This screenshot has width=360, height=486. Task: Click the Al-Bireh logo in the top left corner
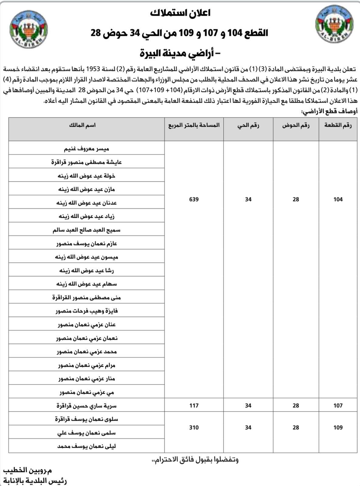[28, 29]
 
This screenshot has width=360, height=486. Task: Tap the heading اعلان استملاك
[180, 13]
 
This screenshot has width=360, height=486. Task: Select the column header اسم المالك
[87, 125]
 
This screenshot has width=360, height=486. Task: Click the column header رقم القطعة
[338, 125]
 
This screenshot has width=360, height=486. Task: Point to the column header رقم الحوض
[296, 125]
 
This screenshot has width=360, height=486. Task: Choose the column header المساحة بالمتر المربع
[194, 125]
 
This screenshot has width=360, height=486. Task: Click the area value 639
[194, 199]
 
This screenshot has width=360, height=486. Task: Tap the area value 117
[194, 406]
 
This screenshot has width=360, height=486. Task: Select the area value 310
[194, 427]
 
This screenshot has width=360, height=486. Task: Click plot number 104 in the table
[338, 199]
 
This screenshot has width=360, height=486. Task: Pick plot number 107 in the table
[338, 406]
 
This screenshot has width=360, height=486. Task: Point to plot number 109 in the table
[338, 427]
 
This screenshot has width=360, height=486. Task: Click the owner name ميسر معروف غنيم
[87, 149]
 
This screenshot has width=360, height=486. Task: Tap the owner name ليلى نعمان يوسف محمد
[87, 446]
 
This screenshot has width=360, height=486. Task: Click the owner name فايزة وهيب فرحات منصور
[87, 311]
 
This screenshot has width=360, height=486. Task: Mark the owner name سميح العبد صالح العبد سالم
[87, 230]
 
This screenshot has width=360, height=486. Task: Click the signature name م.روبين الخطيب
[28, 471]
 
